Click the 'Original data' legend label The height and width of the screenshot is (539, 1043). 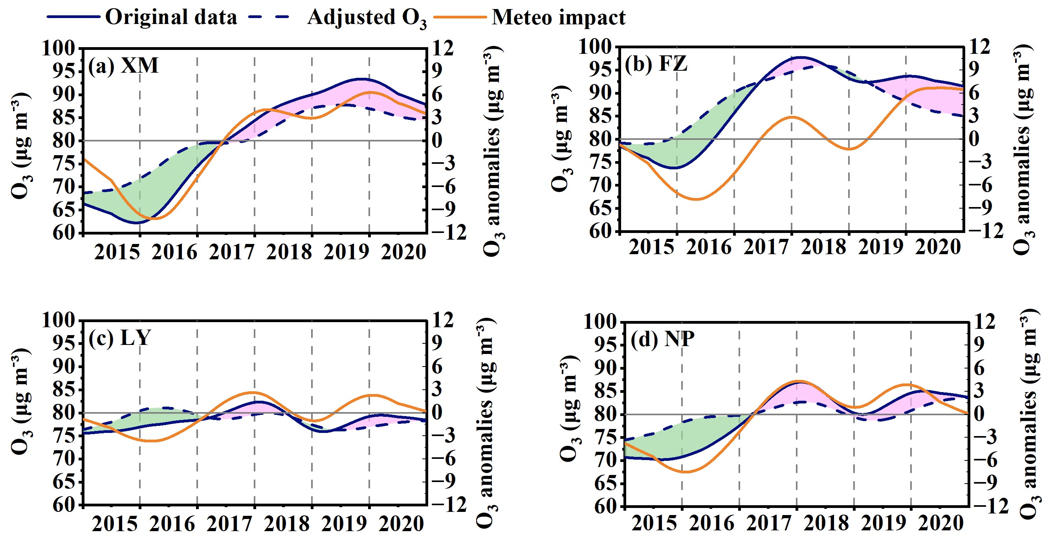point(171,17)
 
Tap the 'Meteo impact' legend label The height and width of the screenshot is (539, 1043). point(558,17)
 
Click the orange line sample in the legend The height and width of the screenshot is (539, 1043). point(460,17)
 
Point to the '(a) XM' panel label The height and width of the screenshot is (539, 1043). point(123,66)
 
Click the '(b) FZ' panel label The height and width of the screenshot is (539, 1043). point(656,64)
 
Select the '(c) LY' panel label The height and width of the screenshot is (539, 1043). point(119,338)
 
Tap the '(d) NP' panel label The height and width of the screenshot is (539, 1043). point(662,339)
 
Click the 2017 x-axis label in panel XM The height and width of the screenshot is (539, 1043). point(232,252)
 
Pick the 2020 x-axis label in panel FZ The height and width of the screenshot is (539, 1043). point(938,247)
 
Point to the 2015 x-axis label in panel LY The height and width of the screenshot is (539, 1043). point(115,524)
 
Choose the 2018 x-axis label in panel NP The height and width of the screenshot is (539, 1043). point(826,523)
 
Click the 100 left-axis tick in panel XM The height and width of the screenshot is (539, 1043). point(59,49)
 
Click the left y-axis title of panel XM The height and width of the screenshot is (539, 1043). point(20,146)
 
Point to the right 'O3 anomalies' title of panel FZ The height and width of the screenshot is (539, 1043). point(1025,150)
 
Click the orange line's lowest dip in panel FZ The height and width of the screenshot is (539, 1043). point(696,199)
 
